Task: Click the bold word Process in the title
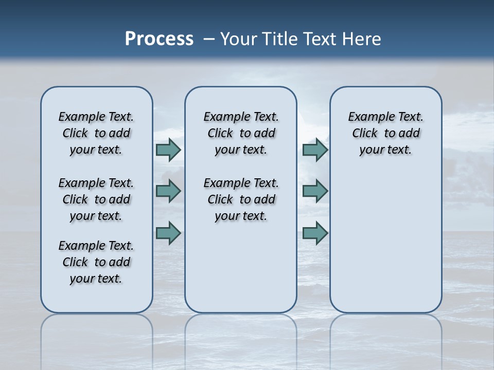[159, 39]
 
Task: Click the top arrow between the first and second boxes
[168, 150]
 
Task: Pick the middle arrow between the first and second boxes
[168, 192]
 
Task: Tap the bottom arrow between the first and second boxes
[168, 233]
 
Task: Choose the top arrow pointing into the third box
[315, 150]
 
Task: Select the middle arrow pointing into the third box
[315, 192]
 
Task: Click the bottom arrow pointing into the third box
[315, 233]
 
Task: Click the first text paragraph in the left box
[96, 133]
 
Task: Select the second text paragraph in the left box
[96, 199]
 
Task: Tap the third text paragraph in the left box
[96, 262]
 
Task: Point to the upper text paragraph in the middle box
[241, 133]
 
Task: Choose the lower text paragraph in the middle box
[241, 199]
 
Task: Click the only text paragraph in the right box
[385, 133]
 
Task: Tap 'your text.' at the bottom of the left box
[96, 279]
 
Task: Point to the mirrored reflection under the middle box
[241, 334]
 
